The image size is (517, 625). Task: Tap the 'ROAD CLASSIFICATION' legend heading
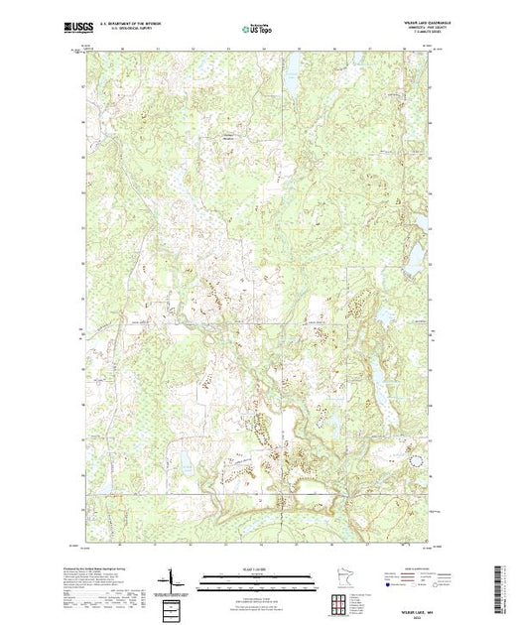pyautogui.click(x=411, y=568)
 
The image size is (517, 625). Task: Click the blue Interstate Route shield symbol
pyautogui.click(x=386, y=586)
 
